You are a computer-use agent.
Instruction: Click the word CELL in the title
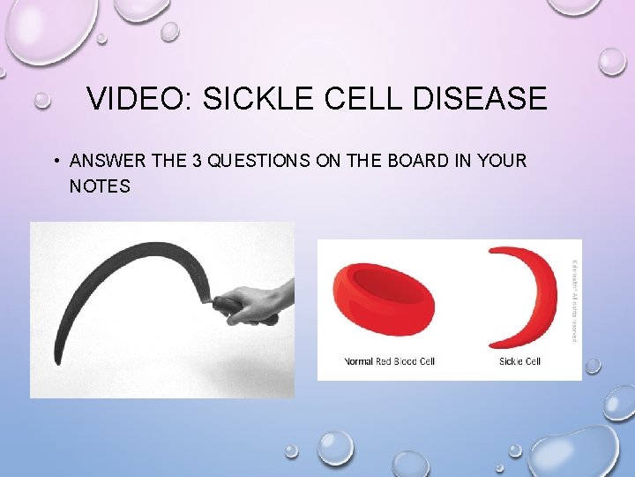pos(359,99)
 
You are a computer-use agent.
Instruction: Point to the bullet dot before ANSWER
pos(55,161)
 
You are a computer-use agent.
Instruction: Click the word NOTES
pos(99,185)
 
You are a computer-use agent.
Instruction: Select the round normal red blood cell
pos(383,299)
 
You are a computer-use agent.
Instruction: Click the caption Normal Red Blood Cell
pos(389,361)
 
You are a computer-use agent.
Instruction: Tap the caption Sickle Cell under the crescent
pos(519,361)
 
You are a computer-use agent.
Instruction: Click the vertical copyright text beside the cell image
pos(575,300)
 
